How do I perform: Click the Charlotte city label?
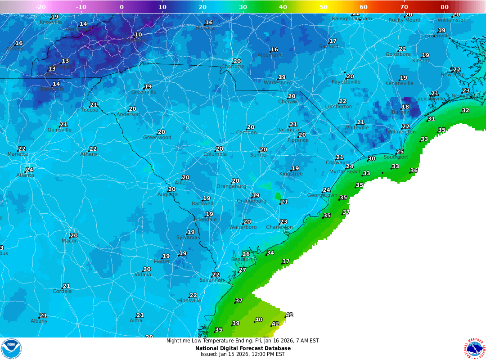(x=233, y=67)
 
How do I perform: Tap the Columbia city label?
(x=215, y=154)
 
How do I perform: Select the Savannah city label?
(x=211, y=280)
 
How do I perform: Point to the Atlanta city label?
(x=25, y=175)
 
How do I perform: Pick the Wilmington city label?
(x=401, y=132)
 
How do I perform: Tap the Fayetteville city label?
(x=346, y=82)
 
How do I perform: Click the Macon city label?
(x=70, y=241)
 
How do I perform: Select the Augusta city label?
(x=167, y=194)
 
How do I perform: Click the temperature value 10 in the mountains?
(x=138, y=35)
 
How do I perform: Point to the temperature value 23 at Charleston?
(x=283, y=222)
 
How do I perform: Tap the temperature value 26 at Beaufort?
(x=246, y=254)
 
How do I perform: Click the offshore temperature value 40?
(x=259, y=320)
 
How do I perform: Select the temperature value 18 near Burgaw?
(x=405, y=107)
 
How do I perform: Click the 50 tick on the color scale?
(x=324, y=7)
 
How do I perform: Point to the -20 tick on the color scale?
(x=40, y=7)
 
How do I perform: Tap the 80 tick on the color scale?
(x=445, y=7)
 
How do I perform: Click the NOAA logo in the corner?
(x=11, y=349)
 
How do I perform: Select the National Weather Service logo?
(x=474, y=349)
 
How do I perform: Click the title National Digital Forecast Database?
(x=243, y=348)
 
